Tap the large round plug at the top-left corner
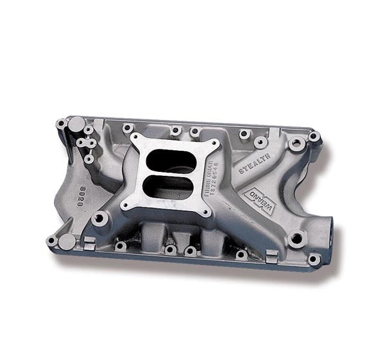coord(76,123)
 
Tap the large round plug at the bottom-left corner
coord(67,242)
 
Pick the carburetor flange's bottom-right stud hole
coord(205,212)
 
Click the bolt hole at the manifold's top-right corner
coord(314,137)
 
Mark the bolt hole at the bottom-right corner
coord(313,259)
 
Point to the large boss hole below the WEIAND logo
coord(295,239)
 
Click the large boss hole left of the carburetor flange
coord(100,218)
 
